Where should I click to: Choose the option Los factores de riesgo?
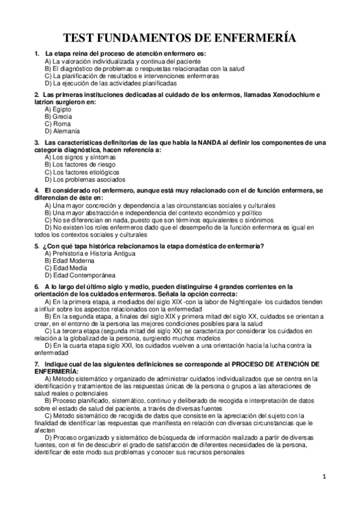(x=80, y=164)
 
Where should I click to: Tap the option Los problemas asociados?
(x=84, y=179)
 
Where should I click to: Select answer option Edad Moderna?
(x=68, y=260)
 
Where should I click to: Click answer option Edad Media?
(x=65, y=268)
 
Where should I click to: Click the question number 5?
(x=37, y=246)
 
